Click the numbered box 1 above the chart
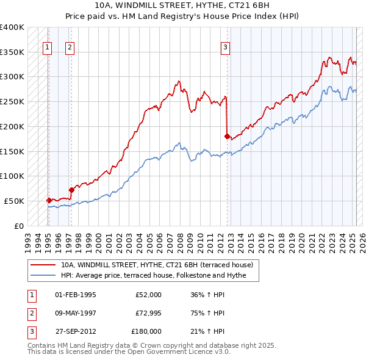pos(47,47)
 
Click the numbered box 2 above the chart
pos(70,47)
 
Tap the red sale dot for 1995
pos(49,200)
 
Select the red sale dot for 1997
pos(71,189)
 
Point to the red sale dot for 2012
pos(228,136)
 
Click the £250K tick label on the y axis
pos(12,101)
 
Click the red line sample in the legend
pos(43,265)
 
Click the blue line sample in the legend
pos(43,275)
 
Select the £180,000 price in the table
pos(146,331)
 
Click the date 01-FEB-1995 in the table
pos(76,295)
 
